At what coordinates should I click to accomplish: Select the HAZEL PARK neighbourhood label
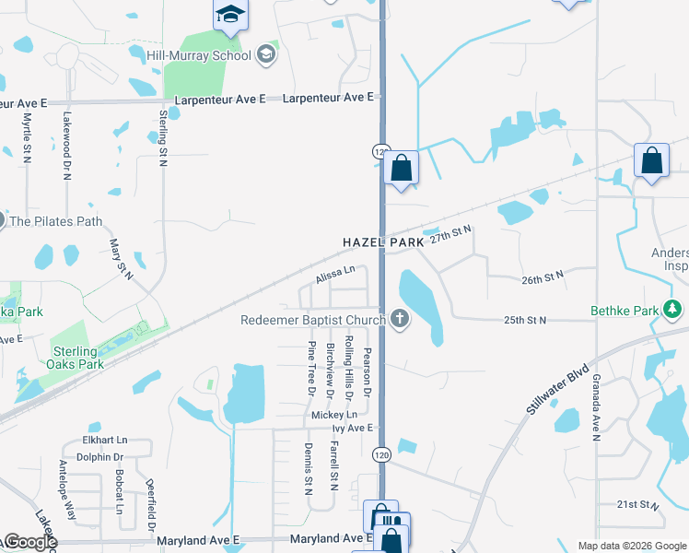click(383, 241)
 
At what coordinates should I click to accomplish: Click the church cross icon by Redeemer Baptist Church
click(399, 320)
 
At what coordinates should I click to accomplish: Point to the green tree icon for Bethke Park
click(676, 310)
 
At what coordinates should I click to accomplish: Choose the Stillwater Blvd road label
click(558, 388)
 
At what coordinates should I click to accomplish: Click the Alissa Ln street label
click(334, 274)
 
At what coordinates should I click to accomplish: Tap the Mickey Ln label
click(333, 416)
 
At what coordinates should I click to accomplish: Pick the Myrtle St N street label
click(28, 134)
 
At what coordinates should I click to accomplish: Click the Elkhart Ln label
click(105, 441)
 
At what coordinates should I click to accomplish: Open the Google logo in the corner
click(30, 541)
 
